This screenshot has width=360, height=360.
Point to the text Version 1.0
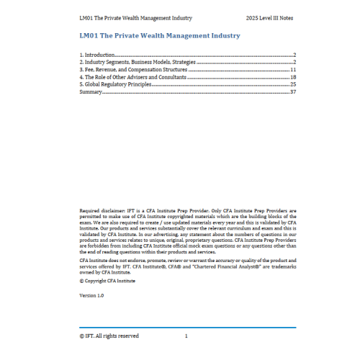coord(91,296)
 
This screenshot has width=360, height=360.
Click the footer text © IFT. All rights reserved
coord(109,336)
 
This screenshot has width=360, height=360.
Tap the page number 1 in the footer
coord(186,336)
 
